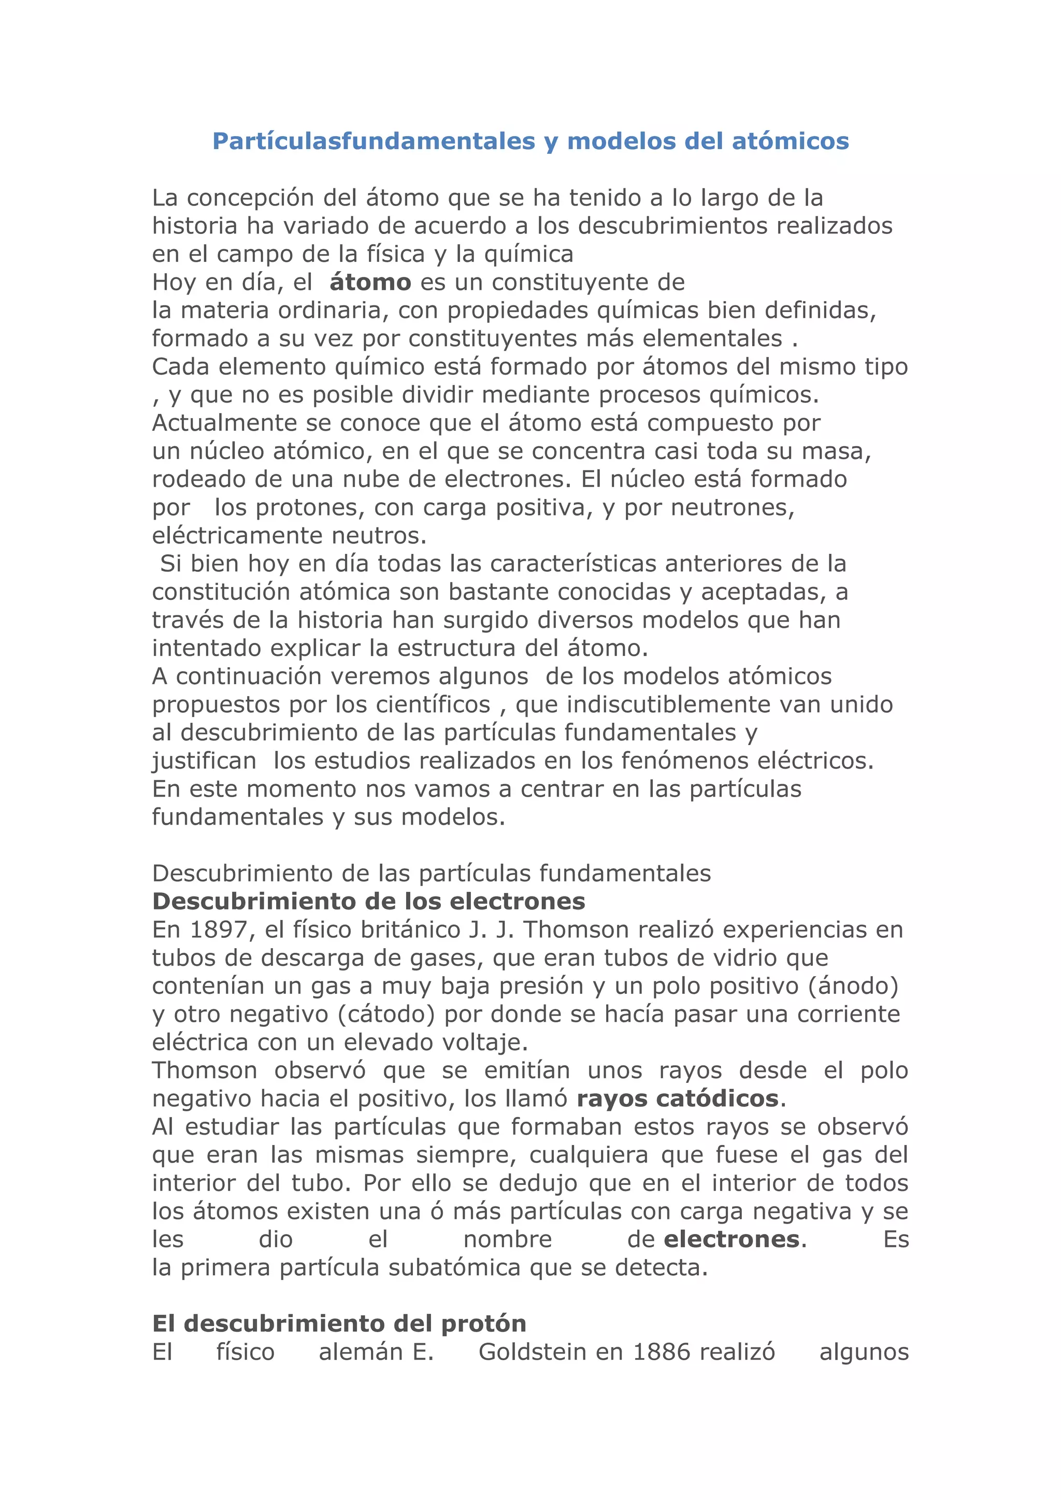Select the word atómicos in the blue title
pyautogui.click(x=790, y=141)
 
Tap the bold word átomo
pyautogui.click(x=370, y=282)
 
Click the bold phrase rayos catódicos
pyautogui.click(x=677, y=1098)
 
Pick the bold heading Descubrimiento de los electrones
pyautogui.click(x=369, y=901)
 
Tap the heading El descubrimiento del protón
pyautogui.click(x=339, y=1323)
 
